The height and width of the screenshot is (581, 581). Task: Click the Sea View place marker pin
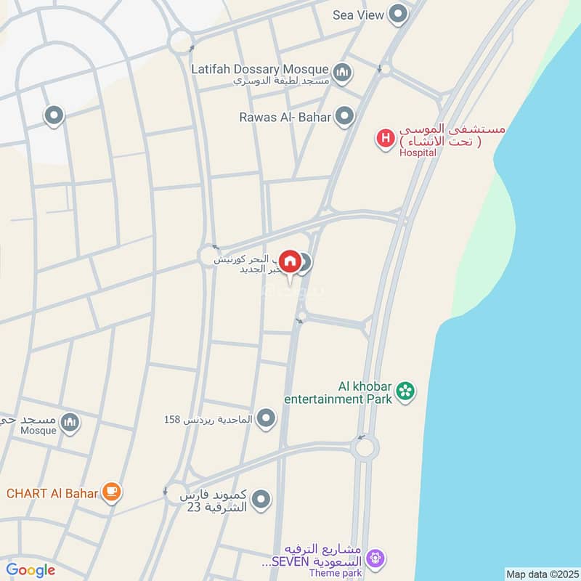397,14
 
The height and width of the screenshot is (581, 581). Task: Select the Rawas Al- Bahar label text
285,116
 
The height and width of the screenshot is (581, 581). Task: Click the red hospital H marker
385,137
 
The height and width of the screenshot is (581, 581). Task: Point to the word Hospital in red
417,153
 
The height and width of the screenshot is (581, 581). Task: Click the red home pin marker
290,261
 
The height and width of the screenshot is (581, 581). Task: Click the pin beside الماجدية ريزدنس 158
267,418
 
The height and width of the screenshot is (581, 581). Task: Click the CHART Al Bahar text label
52,494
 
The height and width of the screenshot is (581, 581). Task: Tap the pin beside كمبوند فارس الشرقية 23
261,499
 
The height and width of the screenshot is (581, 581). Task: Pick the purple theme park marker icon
375,558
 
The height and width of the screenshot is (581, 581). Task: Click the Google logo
31,570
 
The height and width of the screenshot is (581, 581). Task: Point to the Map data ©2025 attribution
540,574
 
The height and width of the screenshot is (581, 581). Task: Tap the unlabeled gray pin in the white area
54,115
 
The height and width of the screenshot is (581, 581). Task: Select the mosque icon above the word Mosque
70,422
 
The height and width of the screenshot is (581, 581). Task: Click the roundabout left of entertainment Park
364,446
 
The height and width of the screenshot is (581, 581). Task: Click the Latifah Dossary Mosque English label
260,69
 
